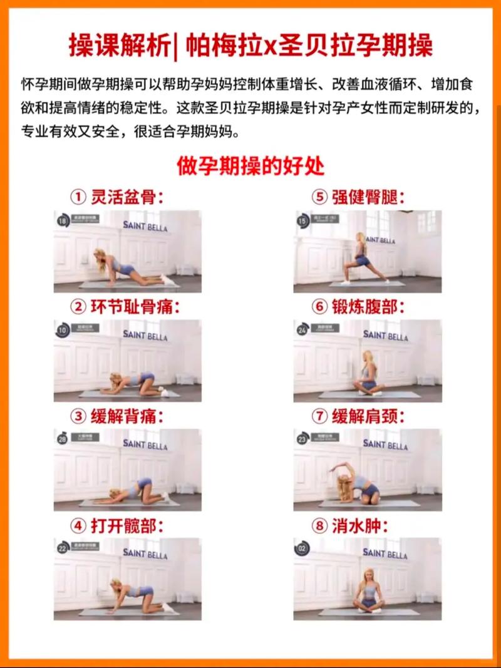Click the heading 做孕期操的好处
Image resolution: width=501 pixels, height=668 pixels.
click(250, 167)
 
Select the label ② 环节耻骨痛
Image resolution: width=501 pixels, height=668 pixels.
click(125, 307)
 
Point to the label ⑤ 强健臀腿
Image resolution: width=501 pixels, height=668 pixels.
click(358, 198)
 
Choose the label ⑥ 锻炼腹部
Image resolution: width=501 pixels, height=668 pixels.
click(358, 307)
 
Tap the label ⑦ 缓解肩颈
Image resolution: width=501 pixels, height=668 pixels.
click(358, 416)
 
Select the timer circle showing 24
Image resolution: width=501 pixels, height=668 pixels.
click(303, 330)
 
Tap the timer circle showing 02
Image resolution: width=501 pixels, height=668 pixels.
click(303, 548)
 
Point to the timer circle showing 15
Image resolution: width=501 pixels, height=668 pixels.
click(303, 221)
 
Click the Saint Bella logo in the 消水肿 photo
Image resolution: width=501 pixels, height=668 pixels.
click(385, 553)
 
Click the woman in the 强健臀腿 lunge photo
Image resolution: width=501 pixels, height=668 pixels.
click(362, 258)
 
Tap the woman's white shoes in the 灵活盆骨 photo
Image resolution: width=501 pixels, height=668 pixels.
click(167, 279)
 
